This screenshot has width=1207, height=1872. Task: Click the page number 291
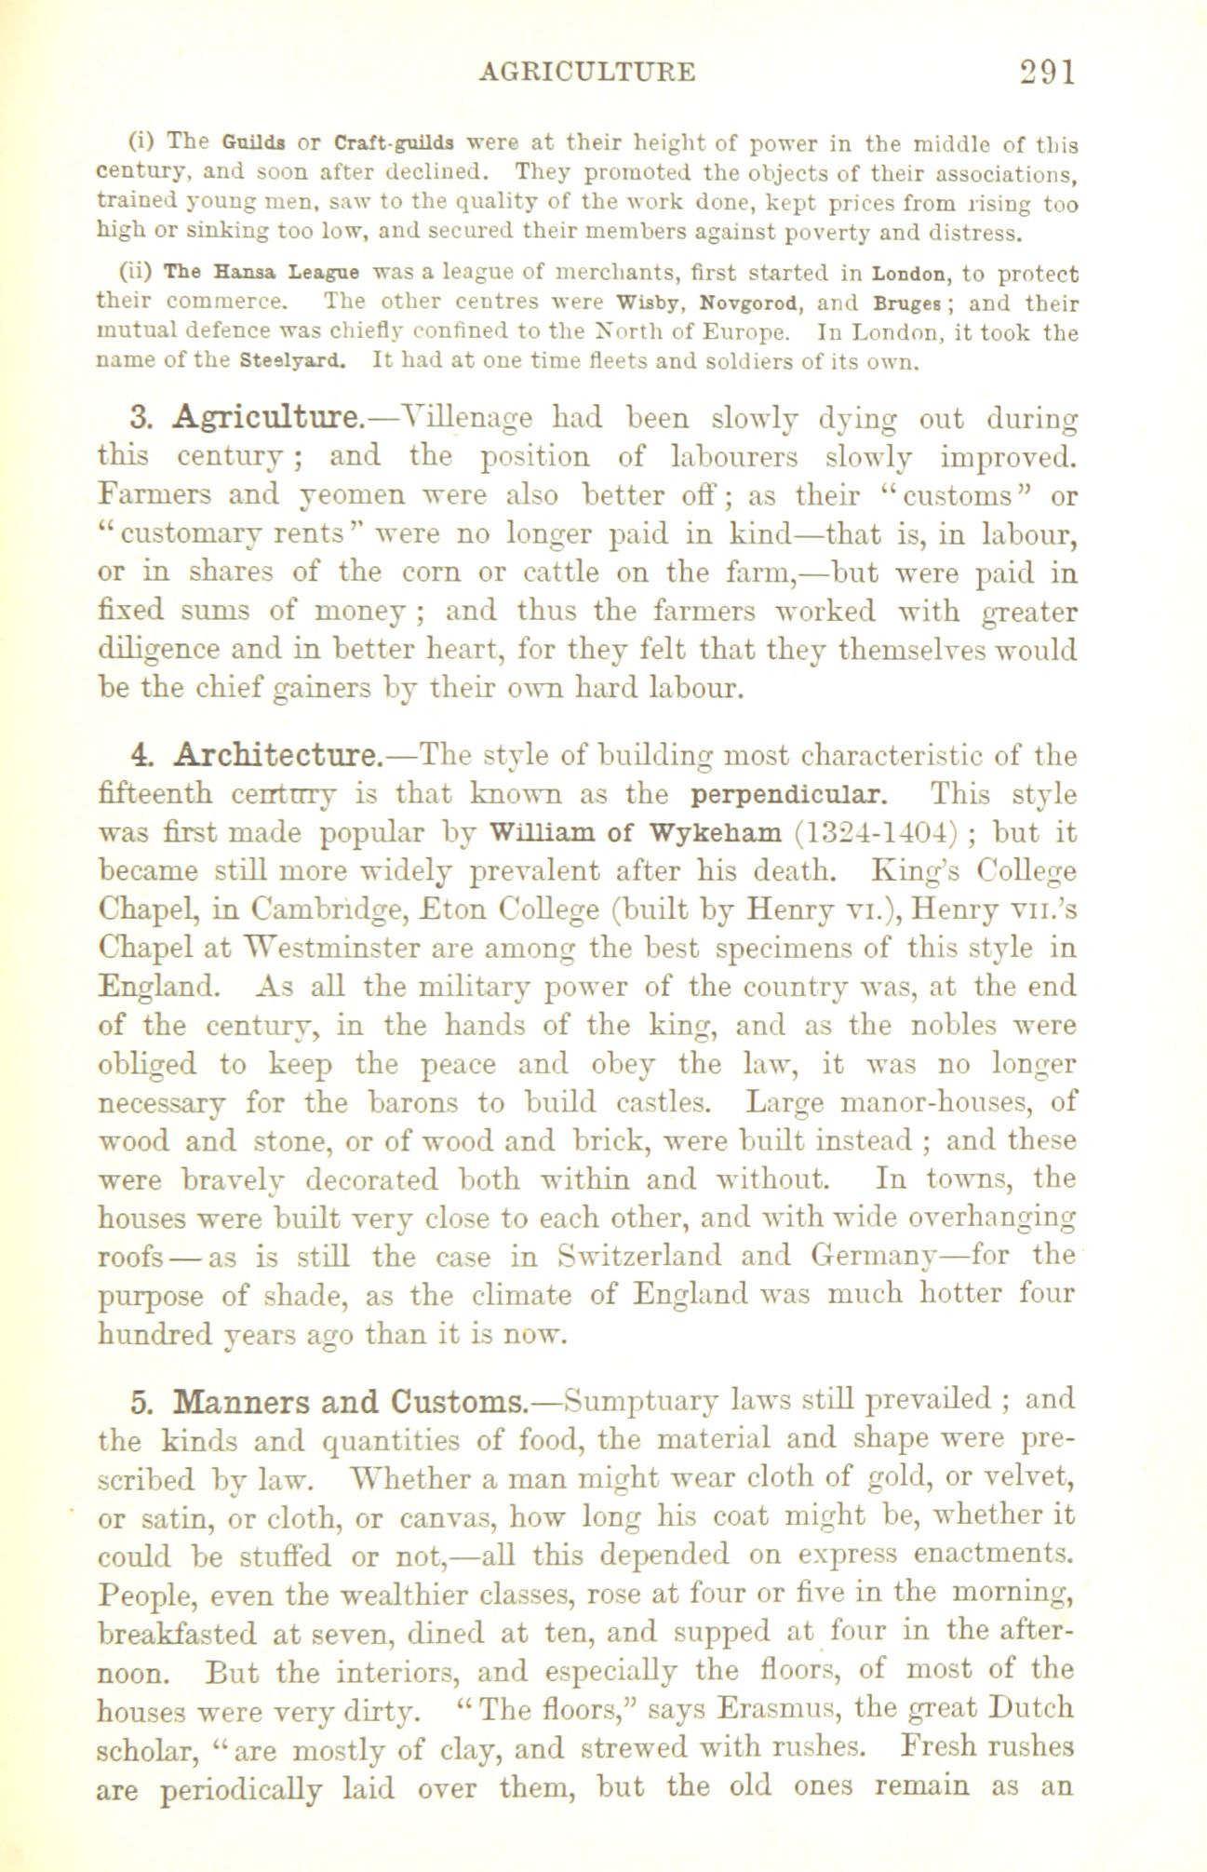tap(1047, 73)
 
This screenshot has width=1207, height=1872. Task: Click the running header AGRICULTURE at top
tap(586, 73)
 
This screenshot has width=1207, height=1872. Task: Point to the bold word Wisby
tap(652, 303)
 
